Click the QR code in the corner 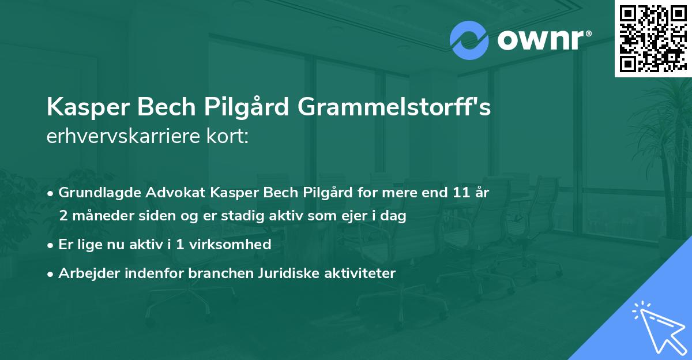[652, 38]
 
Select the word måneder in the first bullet [97, 216]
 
